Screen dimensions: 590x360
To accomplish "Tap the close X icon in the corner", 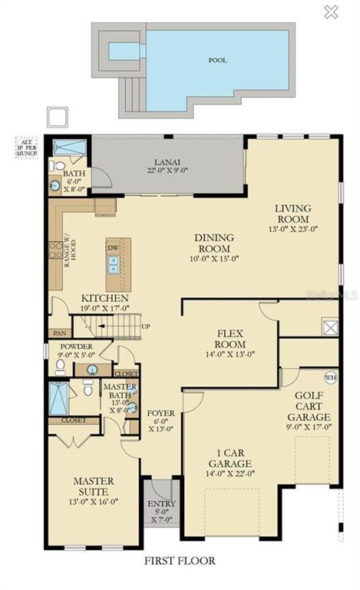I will tap(331, 12).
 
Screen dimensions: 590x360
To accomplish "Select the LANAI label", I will tap(161, 161).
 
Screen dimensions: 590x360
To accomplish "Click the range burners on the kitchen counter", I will tap(56, 250).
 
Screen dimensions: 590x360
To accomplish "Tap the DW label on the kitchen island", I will tap(113, 249).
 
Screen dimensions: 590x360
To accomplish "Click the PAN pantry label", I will tap(58, 333).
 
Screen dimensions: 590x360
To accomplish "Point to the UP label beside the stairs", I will tap(146, 326).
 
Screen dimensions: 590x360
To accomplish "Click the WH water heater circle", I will tap(331, 378).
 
